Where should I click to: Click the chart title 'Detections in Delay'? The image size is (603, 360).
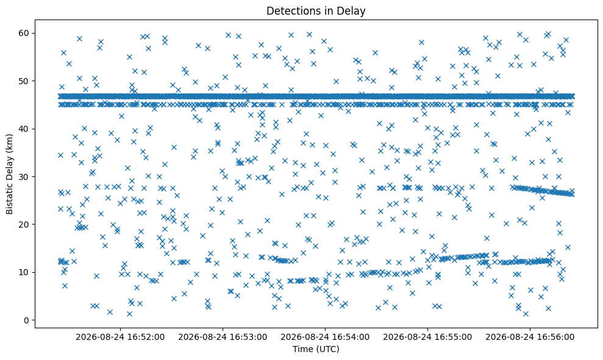tap(316, 11)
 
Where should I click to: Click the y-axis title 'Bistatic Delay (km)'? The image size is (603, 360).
tap(9, 174)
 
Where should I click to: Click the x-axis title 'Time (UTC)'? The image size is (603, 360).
tap(316, 349)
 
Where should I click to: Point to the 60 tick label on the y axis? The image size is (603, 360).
tap(24, 33)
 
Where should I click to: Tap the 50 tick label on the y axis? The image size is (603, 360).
tap(24, 81)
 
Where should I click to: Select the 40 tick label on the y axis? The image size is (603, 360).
tap(24, 129)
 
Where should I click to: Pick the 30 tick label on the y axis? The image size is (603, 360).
tap(24, 177)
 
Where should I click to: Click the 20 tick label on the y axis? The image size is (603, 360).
tap(24, 225)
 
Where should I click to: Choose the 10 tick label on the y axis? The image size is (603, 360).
tap(24, 272)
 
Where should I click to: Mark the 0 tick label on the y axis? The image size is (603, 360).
tap(27, 320)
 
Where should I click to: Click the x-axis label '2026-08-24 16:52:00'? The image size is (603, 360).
tap(120, 337)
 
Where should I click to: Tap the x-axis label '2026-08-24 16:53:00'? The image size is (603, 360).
tap(223, 337)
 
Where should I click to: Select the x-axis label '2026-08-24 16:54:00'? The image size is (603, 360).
tap(325, 337)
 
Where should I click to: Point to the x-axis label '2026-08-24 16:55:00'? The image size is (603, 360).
tap(427, 337)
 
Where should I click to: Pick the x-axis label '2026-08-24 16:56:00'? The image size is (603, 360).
tap(530, 337)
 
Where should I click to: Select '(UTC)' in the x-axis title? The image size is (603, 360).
tap(327, 349)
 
